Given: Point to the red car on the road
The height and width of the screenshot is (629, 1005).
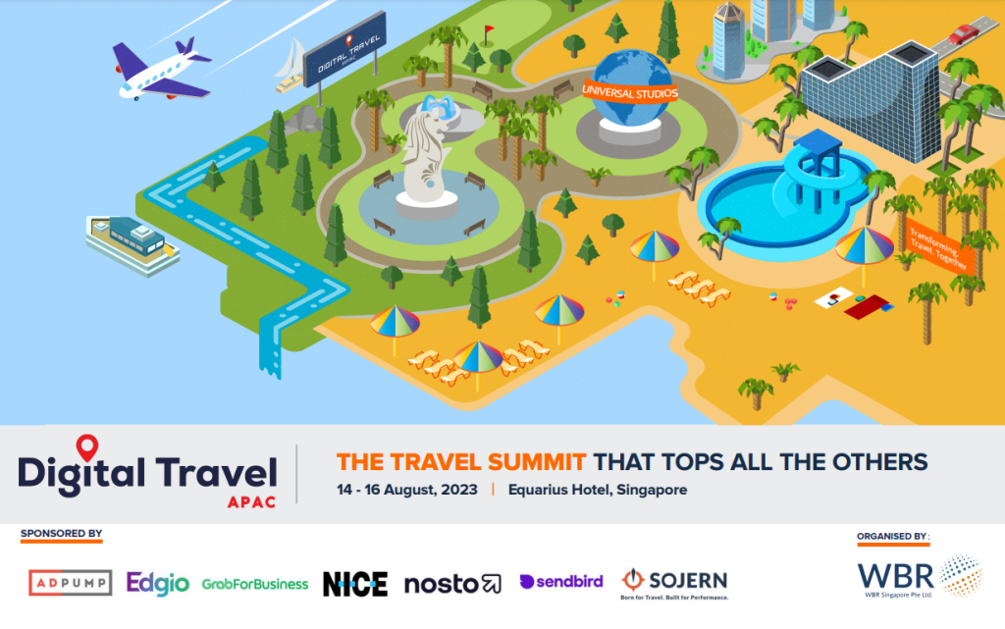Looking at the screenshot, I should [x=963, y=35].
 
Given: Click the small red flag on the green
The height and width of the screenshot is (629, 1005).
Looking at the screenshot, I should [x=488, y=32].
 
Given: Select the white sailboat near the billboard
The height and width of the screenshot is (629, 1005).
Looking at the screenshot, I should [x=291, y=64].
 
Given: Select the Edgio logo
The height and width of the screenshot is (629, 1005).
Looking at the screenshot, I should [x=157, y=583].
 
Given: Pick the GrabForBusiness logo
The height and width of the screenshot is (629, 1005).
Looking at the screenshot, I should [x=255, y=584].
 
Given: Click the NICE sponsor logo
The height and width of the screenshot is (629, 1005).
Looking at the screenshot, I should [x=354, y=584].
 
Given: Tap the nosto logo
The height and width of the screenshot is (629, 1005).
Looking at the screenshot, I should [x=452, y=584].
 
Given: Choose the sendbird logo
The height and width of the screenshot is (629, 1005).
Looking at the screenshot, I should [x=561, y=583].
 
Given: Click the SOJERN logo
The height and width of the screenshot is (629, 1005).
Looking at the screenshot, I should [x=675, y=581].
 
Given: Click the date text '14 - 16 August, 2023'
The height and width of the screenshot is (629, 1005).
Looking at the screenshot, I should [x=406, y=489].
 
